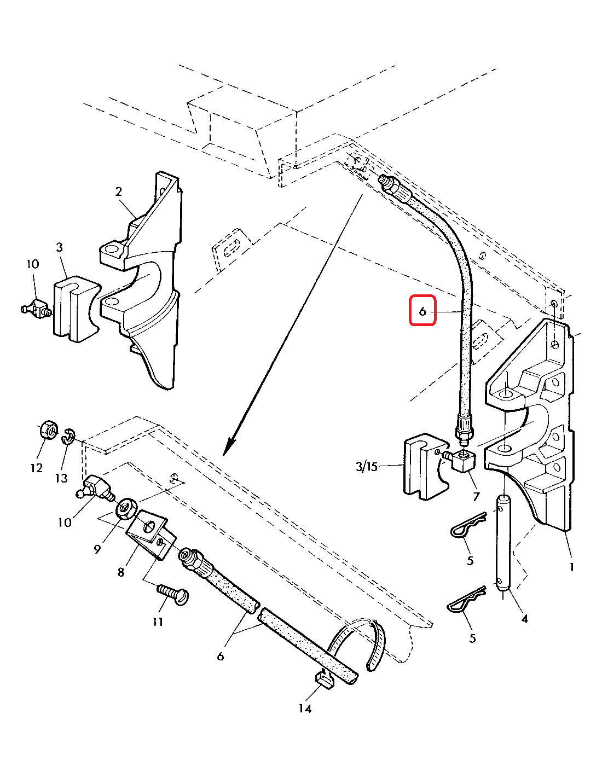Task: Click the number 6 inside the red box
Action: pos(422,311)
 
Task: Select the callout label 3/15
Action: pos(367,466)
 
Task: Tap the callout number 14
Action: pos(305,709)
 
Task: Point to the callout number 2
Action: pos(118,191)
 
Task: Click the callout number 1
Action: pos(572,567)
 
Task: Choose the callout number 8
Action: pos(120,572)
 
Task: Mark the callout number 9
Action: pos(97,549)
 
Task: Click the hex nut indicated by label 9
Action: pos(127,509)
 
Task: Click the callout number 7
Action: pos(476,496)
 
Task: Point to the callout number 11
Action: pos(158,622)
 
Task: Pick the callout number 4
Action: pos(524,619)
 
